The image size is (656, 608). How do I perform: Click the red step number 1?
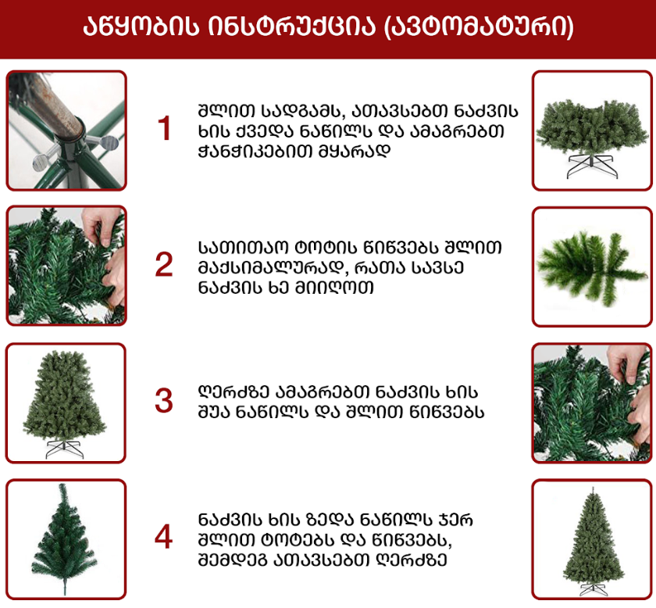[x=164, y=128]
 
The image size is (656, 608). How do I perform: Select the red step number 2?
[x=163, y=265]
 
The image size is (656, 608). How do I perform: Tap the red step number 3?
[x=163, y=401]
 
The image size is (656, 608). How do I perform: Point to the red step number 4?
[x=163, y=536]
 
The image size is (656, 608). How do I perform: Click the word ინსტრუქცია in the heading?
[x=291, y=27]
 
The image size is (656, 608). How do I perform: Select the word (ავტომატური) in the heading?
[x=478, y=27]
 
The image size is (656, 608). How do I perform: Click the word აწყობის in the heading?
[x=140, y=27]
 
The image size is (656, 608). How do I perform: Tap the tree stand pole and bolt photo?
[x=66, y=131]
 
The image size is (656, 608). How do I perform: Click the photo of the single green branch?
[x=592, y=266]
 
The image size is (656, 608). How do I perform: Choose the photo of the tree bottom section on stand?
[x=592, y=131]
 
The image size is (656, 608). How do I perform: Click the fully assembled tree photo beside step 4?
[x=592, y=540]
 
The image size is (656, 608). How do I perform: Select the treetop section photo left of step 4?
[x=66, y=540]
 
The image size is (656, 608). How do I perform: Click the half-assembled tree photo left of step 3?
[x=66, y=403]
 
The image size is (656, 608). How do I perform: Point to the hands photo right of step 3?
[x=592, y=403]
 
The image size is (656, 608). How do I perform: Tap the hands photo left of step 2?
[x=66, y=266]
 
